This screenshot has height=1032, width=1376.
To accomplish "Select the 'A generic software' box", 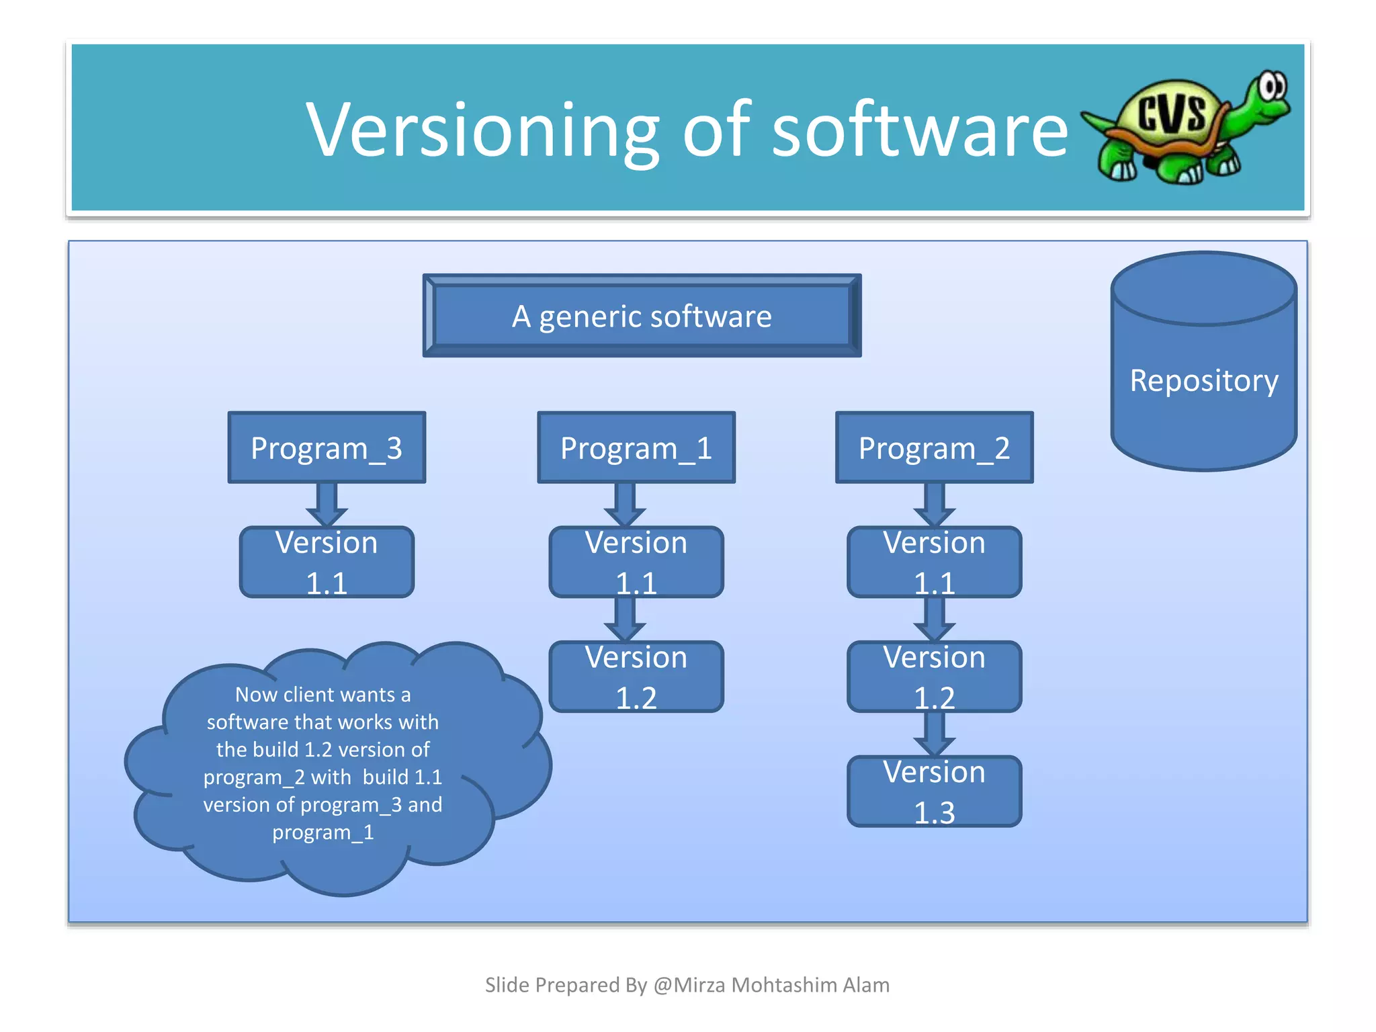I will [x=642, y=316].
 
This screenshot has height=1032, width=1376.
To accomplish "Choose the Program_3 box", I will [x=327, y=447].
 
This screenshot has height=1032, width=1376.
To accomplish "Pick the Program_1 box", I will [x=636, y=447].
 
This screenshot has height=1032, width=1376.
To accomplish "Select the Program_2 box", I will [x=934, y=447].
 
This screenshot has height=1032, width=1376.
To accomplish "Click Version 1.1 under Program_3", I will [x=327, y=562].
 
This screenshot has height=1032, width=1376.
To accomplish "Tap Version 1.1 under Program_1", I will [x=636, y=562].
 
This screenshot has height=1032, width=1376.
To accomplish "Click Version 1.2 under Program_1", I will [x=636, y=677].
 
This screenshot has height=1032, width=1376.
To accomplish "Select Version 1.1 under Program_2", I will [x=934, y=562].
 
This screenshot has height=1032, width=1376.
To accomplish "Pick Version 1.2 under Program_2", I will [x=934, y=677].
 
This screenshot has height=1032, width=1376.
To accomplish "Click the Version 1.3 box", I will [x=934, y=791].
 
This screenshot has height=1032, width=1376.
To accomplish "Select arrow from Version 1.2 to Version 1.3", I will [x=934, y=734].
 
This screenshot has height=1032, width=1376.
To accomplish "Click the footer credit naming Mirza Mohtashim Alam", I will [x=687, y=985].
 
